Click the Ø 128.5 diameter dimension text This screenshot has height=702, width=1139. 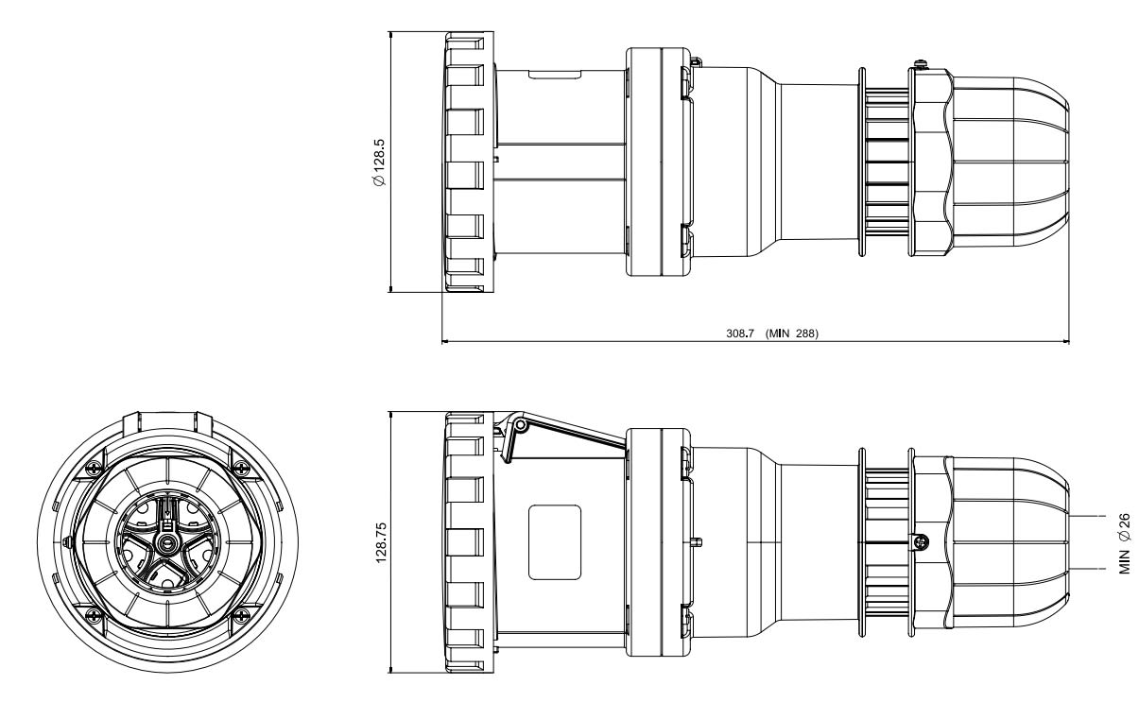coord(380,163)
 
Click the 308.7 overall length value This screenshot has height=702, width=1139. coord(740,334)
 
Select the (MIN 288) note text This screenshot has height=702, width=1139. coord(792,334)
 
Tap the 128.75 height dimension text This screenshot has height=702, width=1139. coord(381,542)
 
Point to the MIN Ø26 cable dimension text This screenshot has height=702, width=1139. coord(1124,543)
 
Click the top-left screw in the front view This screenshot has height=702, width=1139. coord(94,466)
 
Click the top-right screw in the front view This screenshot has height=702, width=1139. coord(240,466)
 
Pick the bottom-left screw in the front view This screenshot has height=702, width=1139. coord(94,615)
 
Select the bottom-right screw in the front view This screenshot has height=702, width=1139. coord(240,615)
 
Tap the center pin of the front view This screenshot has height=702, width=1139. coord(166,544)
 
